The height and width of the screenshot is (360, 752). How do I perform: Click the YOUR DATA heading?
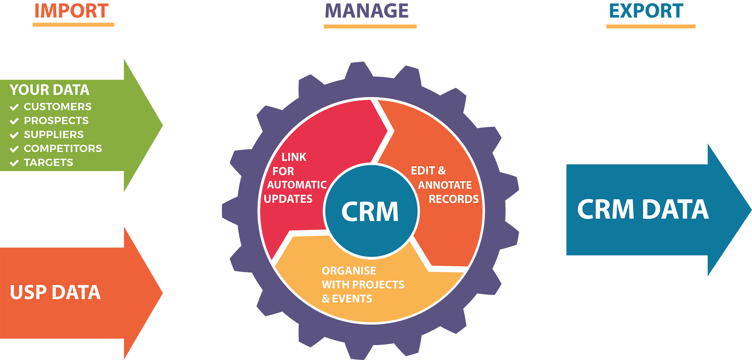pyautogui.click(x=49, y=90)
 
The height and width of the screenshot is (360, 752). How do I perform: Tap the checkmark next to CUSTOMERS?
pyautogui.click(x=14, y=107)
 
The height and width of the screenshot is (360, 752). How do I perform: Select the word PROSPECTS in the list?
pyautogui.click(x=56, y=120)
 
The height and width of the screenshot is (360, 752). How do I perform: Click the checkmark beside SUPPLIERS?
pyautogui.click(x=14, y=135)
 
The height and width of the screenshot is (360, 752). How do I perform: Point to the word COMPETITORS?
pyautogui.click(x=63, y=148)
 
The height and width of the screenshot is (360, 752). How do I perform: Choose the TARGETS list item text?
pyautogui.click(x=49, y=162)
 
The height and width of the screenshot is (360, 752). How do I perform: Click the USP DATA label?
pyautogui.click(x=55, y=292)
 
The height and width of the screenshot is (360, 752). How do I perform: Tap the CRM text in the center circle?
pyautogui.click(x=370, y=211)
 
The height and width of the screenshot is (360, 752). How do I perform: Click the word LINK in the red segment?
pyautogui.click(x=294, y=157)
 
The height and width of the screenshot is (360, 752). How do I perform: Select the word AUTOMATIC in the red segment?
pyautogui.click(x=297, y=185)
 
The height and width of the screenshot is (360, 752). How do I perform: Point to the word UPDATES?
pyautogui.click(x=288, y=199)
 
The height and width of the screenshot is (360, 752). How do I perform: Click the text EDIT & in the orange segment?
pyautogui.click(x=428, y=170)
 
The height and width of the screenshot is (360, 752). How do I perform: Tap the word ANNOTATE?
pyautogui.click(x=445, y=185)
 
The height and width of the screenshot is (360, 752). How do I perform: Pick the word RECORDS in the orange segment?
pyautogui.click(x=453, y=199)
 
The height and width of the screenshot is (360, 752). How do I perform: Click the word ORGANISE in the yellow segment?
pyautogui.click(x=349, y=270)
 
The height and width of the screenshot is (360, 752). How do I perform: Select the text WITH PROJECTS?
pyautogui.click(x=363, y=284)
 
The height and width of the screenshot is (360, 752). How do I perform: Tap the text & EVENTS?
pyautogui.click(x=347, y=298)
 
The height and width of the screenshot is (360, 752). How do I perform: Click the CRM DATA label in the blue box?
pyautogui.click(x=643, y=209)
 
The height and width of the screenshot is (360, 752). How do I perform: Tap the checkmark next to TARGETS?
pyautogui.click(x=14, y=163)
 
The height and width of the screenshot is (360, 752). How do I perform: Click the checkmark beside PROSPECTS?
pyautogui.click(x=14, y=121)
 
